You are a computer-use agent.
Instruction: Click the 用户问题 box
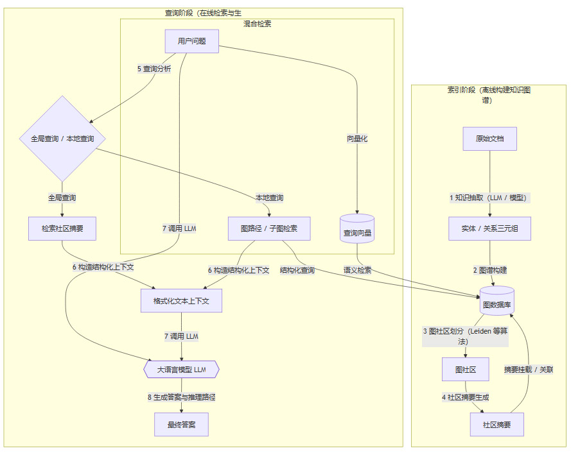click(x=191, y=41)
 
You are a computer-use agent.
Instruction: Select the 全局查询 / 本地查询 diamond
click(x=62, y=139)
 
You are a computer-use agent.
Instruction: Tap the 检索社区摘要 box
click(x=62, y=228)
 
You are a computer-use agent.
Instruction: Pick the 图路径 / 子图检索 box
click(x=269, y=228)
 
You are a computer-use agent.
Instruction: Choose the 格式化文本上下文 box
click(x=181, y=300)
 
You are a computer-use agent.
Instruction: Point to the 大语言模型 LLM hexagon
click(x=181, y=370)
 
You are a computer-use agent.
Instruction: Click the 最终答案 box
click(x=181, y=425)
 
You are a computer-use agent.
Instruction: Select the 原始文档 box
click(x=489, y=139)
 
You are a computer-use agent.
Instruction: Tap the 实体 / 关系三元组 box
click(x=489, y=228)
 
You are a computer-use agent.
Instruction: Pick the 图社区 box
click(x=464, y=369)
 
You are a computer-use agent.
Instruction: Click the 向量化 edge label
click(x=356, y=139)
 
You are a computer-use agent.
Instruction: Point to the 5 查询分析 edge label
click(x=154, y=69)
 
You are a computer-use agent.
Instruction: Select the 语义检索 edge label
click(x=357, y=270)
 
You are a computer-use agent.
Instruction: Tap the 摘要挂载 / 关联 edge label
click(x=529, y=370)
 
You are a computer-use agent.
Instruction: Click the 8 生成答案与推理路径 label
click(x=181, y=397)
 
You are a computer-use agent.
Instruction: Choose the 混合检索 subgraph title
click(x=257, y=24)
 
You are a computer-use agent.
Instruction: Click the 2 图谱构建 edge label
click(x=489, y=270)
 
